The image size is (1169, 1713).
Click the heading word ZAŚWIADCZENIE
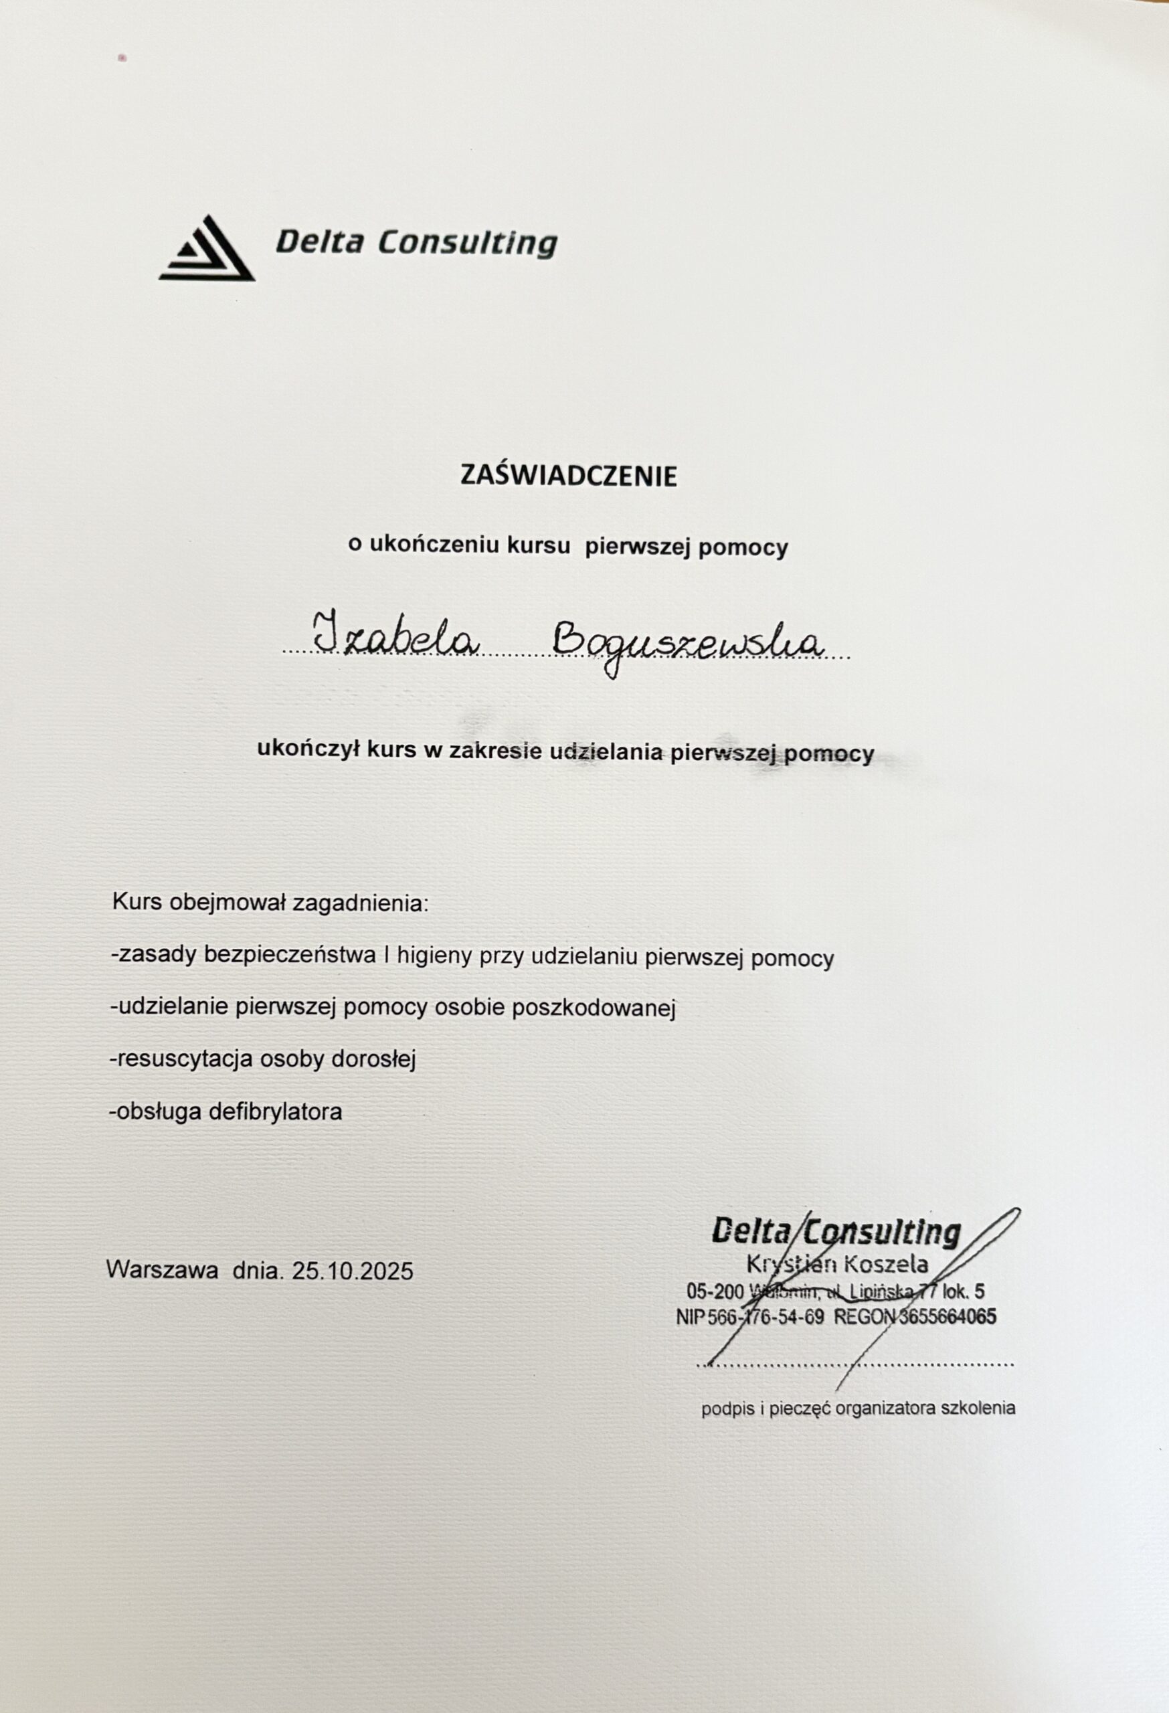(568, 476)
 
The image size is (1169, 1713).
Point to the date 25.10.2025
(353, 1271)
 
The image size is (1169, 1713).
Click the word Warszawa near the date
(162, 1270)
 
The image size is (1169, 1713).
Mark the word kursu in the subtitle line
(539, 546)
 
